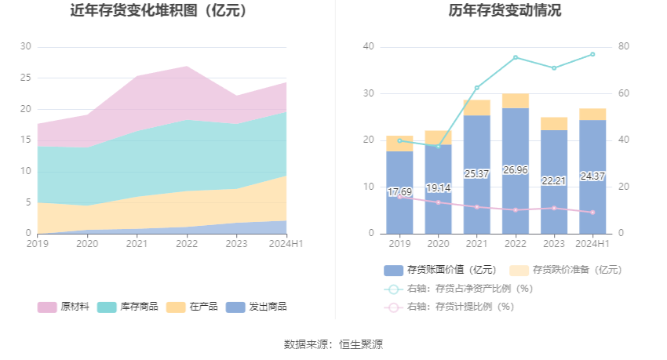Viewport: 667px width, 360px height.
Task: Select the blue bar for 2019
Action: click(399, 192)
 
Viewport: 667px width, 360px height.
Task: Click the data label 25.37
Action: click(476, 173)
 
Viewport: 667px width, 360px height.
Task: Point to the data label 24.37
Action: click(592, 176)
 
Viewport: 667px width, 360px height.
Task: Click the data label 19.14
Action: click(438, 188)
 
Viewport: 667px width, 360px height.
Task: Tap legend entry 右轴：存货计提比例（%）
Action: click(458, 307)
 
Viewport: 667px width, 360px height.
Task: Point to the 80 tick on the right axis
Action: click(623, 47)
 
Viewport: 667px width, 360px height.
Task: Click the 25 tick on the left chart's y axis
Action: click(26, 78)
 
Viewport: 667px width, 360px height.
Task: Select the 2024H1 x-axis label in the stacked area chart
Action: click(286, 244)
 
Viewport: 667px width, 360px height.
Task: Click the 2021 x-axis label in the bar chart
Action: click(476, 244)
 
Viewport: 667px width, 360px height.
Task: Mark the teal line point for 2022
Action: click(515, 57)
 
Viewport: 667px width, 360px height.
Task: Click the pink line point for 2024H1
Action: click(592, 213)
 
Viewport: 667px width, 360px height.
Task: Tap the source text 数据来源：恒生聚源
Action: click(333, 344)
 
